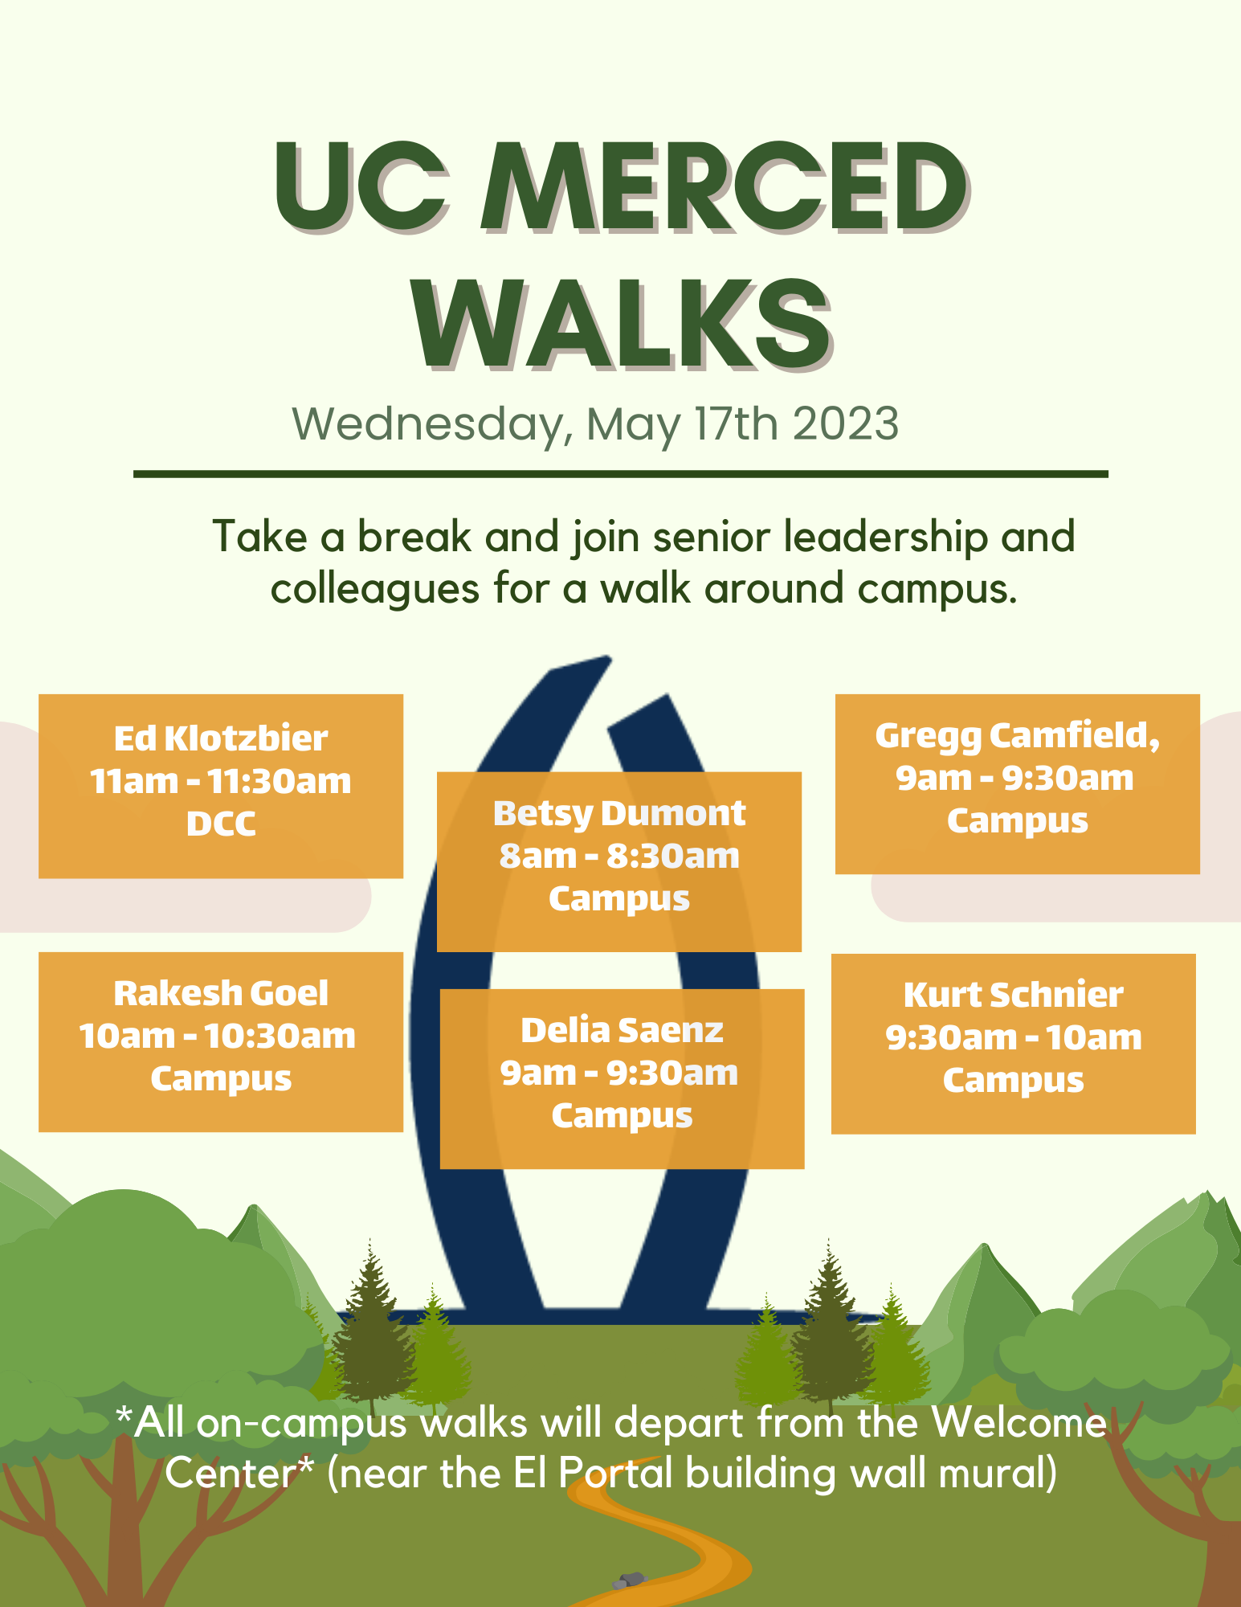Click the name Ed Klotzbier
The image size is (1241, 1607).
(221, 738)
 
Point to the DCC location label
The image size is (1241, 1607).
(221, 824)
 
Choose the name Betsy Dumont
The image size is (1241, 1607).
(619, 813)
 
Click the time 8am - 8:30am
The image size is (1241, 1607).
(619, 857)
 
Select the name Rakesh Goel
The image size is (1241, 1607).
(221, 993)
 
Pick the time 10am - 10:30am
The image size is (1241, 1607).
(217, 1037)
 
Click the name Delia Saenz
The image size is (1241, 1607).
(622, 1030)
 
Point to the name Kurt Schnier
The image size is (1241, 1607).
(1014, 995)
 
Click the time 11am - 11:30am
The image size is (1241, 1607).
(221, 781)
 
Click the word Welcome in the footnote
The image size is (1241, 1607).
(1019, 1423)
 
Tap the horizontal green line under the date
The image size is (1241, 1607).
(621, 474)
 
